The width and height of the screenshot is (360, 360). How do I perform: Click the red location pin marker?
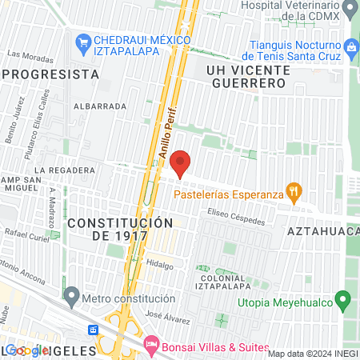point(180,162)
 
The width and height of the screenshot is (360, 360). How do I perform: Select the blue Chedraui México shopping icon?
point(82,41)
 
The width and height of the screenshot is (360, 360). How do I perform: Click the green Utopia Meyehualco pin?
point(343,302)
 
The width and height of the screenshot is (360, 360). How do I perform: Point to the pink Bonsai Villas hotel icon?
point(150,345)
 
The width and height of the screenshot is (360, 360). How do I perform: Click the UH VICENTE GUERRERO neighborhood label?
point(246,77)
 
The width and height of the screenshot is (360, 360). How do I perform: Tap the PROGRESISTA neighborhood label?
point(51,74)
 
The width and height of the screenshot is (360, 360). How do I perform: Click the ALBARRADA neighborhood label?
point(100,106)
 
